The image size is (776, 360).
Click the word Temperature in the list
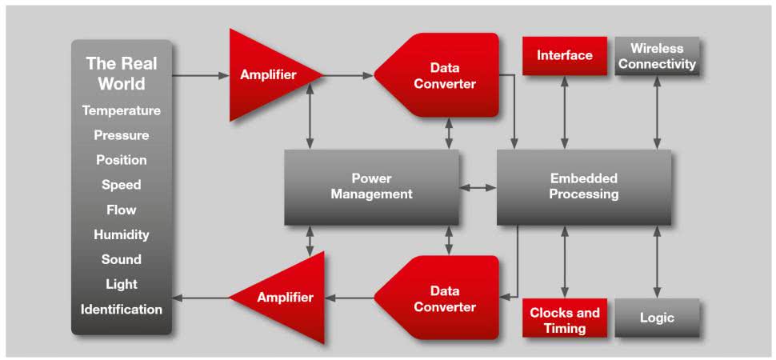[x=121, y=110]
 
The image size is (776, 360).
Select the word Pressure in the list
[x=121, y=135]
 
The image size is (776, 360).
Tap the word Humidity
[x=121, y=234]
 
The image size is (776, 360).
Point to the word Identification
[x=121, y=309]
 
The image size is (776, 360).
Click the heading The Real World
[x=121, y=74]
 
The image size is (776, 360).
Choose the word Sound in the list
[x=121, y=259]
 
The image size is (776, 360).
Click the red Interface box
[x=565, y=55]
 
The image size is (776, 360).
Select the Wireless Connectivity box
[x=657, y=56]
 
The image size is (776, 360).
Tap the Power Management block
[x=371, y=186]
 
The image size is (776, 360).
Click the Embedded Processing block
[x=583, y=186]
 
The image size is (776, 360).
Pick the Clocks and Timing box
[x=565, y=319]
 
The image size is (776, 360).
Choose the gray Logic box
[x=657, y=318]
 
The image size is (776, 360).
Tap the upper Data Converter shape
[x=440, y=76]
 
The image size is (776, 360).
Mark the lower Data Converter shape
[x=440, y=298]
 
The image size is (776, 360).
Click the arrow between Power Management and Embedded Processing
[x=478, y=188]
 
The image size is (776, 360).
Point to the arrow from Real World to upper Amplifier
[x=200, y=76]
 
